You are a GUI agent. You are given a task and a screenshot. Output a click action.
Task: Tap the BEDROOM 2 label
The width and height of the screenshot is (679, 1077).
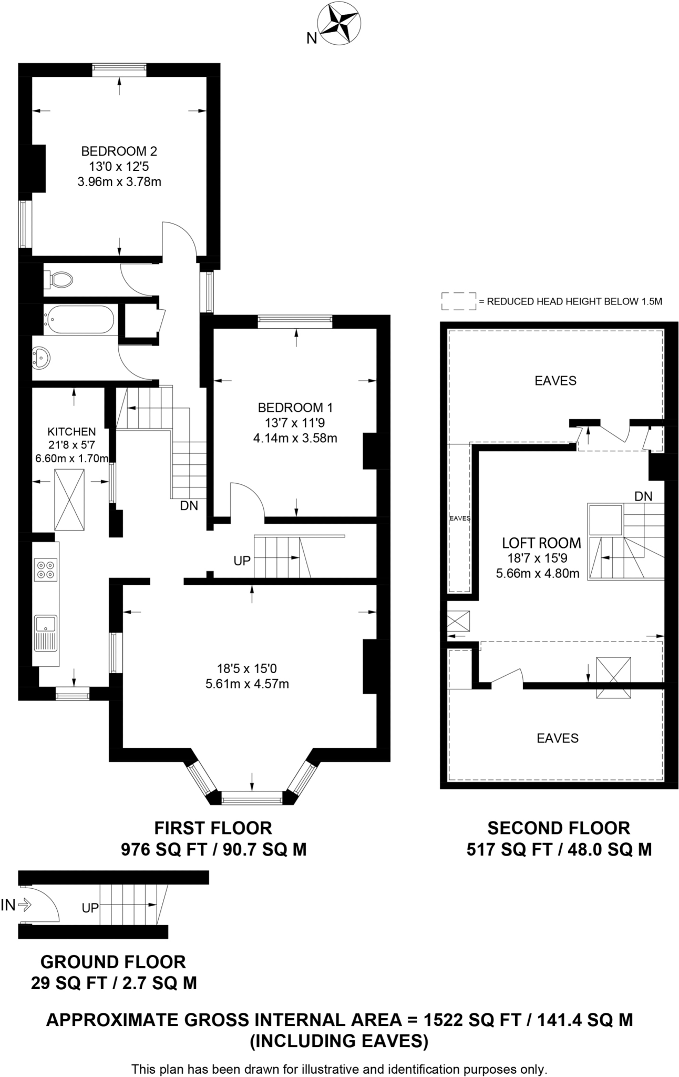coord(119,151)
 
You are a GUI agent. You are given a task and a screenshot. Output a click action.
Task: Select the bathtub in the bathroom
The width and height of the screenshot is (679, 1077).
coord(79,319)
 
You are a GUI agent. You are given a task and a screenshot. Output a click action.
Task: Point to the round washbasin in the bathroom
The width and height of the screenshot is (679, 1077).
coord(41,358)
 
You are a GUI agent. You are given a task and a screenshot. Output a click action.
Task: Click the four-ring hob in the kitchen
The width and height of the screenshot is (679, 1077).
coord(46,570)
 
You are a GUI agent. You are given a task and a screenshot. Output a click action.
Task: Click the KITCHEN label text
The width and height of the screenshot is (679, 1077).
coord(71,432)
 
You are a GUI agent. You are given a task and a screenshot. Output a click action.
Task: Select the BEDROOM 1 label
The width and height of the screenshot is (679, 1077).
coord(295,407)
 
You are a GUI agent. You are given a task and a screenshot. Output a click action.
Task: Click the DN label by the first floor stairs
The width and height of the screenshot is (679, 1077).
coord(189,506)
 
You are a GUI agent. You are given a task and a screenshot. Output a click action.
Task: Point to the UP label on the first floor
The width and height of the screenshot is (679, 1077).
coord(242,561)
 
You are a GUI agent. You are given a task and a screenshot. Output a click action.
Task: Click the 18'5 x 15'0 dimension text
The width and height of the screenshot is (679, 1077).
coord(246,669)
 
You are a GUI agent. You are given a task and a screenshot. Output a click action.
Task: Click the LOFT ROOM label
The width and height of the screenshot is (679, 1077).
coord(541,543)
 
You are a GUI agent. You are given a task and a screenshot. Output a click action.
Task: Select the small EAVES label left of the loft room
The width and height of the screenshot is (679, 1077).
coord(460,518)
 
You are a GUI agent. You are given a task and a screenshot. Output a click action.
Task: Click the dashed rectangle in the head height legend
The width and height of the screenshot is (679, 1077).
coord(458,301)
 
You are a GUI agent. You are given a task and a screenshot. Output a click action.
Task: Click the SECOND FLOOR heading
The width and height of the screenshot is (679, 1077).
coord(558,828)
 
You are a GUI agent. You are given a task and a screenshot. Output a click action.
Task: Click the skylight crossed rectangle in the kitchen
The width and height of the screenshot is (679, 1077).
coord(69,500)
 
